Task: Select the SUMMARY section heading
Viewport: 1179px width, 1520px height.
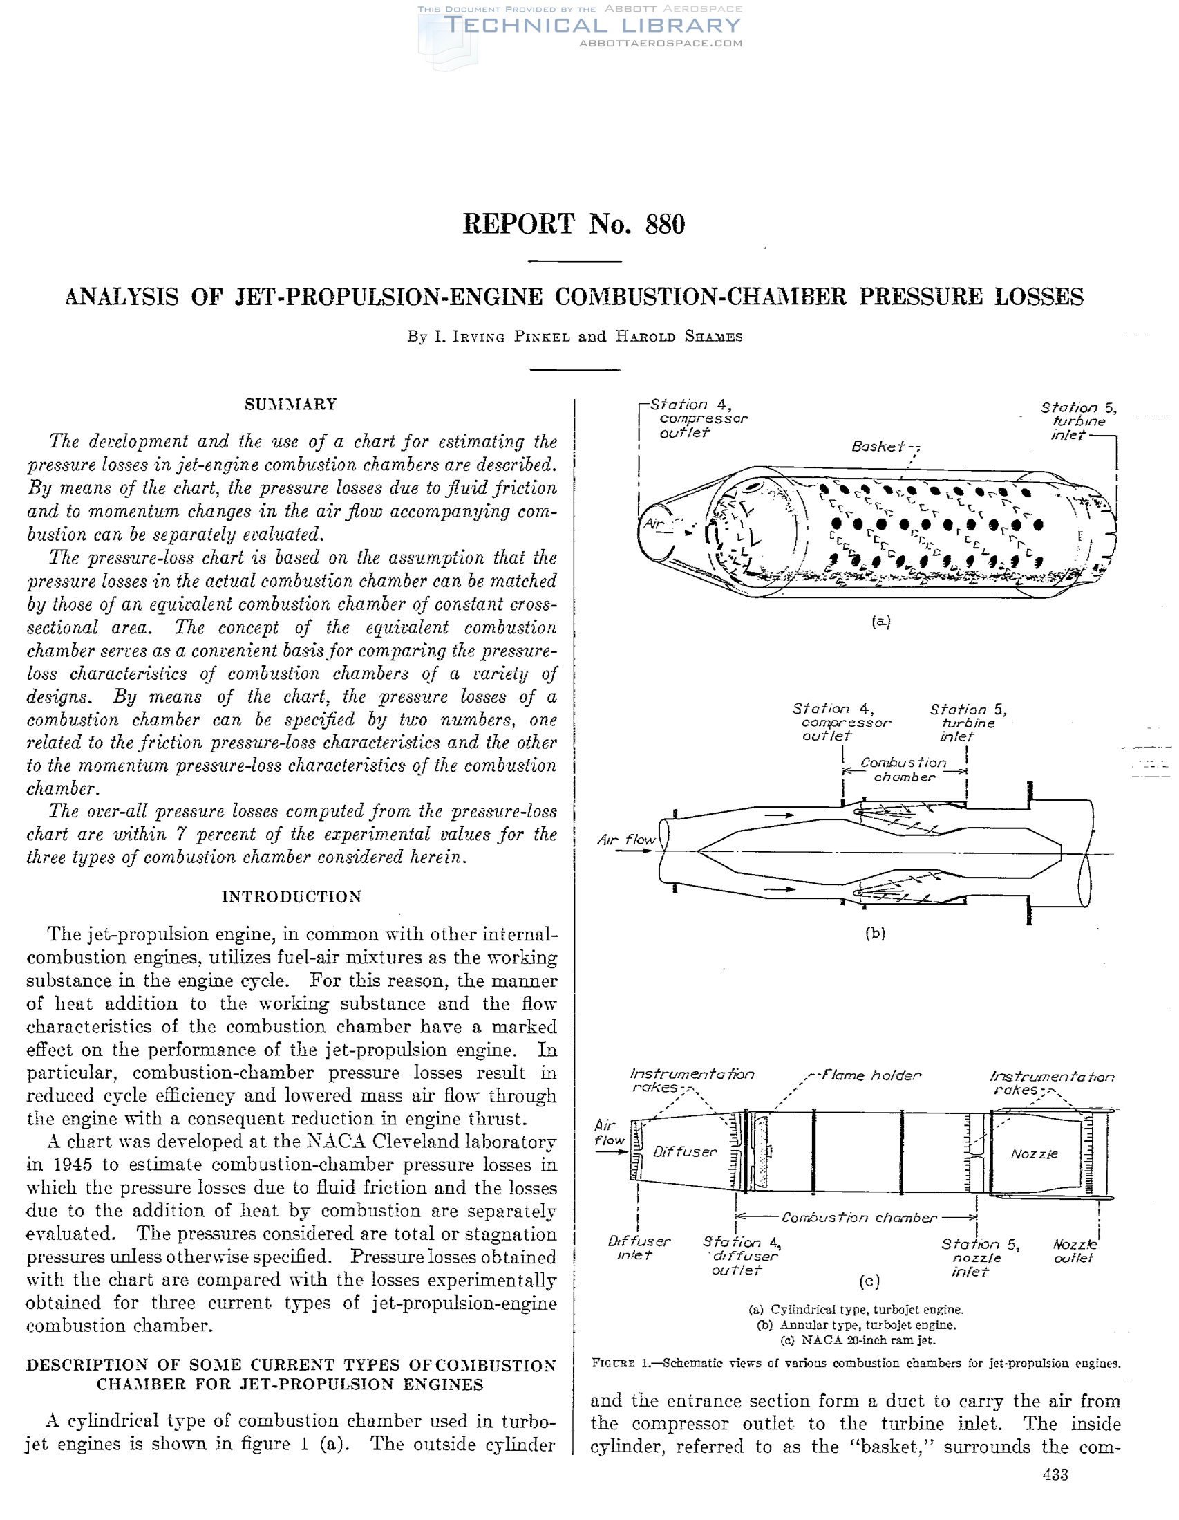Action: point(291,405)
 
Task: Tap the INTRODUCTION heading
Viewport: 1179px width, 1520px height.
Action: point(292,896)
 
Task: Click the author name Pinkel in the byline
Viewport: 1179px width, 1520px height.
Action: point(542,337)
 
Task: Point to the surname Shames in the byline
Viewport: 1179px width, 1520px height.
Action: point(714,337)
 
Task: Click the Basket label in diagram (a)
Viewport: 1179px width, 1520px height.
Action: point(878,446)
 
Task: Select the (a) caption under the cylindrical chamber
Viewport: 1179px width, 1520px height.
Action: point(880,622)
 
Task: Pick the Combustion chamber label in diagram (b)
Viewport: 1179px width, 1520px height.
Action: point(903,770)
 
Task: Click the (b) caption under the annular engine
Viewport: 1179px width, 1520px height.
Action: point(875,934)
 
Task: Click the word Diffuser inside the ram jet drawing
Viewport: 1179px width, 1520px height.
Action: point(684,1152)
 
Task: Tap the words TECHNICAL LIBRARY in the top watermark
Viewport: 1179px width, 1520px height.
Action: point(592,26)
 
